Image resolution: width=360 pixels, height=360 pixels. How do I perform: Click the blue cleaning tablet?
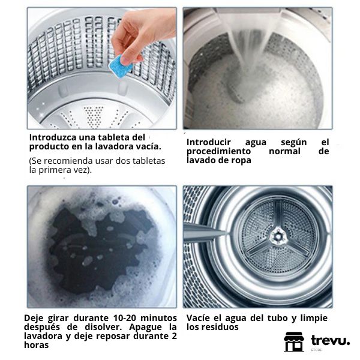click(121, 67)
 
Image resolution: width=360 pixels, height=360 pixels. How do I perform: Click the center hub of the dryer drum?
click(278, 236)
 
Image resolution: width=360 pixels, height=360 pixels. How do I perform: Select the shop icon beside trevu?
click(294, 341)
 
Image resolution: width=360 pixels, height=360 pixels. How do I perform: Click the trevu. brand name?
click(330, 340)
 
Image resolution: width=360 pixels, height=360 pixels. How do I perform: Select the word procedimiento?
click(218, 152)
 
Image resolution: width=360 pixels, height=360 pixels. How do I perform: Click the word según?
click(293, 143)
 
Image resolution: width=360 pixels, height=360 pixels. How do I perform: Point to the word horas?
click(36, 345)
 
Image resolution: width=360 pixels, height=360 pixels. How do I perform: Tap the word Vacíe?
click(197, 318)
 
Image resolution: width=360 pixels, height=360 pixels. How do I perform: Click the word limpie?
click(314, 318)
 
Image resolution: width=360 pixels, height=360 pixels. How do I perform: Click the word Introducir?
click(208, 142)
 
